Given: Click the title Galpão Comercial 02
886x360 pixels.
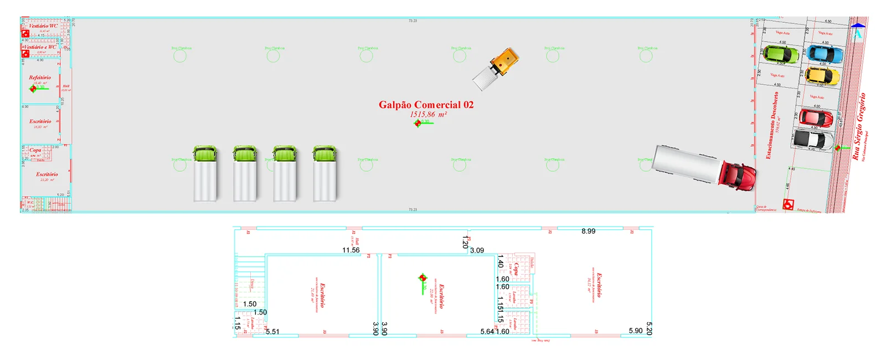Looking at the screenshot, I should [x=426, y=105].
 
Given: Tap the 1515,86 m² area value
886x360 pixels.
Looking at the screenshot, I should [x=428, y=115].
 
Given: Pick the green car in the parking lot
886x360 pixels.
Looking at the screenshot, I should [x=781, y=54].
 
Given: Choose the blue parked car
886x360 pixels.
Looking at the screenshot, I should [x=825, y=54].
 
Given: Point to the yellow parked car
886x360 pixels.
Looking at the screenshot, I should [x=822, y=76].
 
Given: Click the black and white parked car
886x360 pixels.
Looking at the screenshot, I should [x=813, y=140].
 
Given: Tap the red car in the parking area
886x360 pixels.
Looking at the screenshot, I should [x=815, y=118].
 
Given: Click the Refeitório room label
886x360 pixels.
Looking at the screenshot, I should [x=40, y=78].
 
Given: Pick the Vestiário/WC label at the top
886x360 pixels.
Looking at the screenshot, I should [x=43, y=26].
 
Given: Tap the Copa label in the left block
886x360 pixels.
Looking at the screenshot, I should [x=35, y=150].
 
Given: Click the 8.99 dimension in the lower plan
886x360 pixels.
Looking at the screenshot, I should [x=588, y=232].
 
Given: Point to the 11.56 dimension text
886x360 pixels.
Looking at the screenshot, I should [x=351, y=250].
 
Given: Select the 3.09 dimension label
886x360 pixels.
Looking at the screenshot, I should [x=477, y=250].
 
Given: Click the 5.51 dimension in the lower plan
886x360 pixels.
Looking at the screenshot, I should [x=272, y=332].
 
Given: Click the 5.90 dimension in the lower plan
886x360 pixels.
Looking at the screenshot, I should [x=635, y=331].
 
